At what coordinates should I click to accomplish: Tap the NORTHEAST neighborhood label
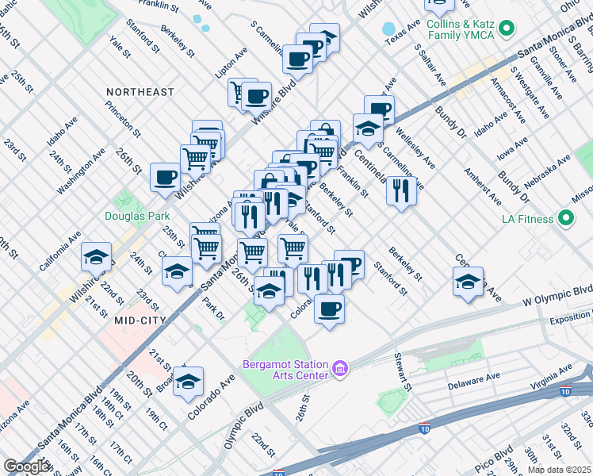[140, 92]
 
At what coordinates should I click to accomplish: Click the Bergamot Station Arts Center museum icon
[341, 368]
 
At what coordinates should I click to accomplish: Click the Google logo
[27, 466]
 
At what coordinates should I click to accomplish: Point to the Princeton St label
[128, 120]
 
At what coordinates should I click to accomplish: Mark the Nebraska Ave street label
[551, 170]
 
